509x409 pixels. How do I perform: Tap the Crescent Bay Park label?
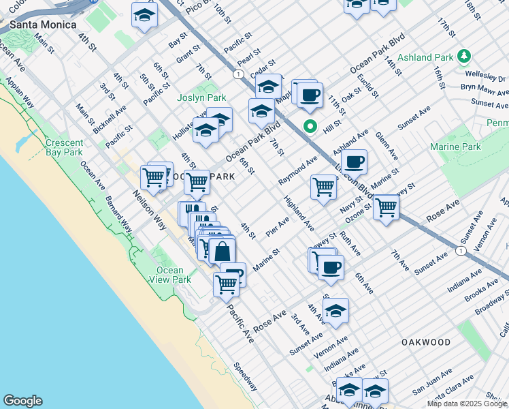tap(64, 148)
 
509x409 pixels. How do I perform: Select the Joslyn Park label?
tap(201, 98)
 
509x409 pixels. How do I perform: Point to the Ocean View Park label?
tap(170, 275)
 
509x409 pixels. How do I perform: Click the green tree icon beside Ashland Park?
tap(465, 55)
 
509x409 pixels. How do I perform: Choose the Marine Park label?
tap(455, 147)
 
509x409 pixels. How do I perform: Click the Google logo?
tap(23, 401)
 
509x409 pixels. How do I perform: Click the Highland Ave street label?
tap(299, 213)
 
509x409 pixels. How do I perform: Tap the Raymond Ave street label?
tap(298, 170)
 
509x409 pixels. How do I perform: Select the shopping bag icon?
tap(223, 251)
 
